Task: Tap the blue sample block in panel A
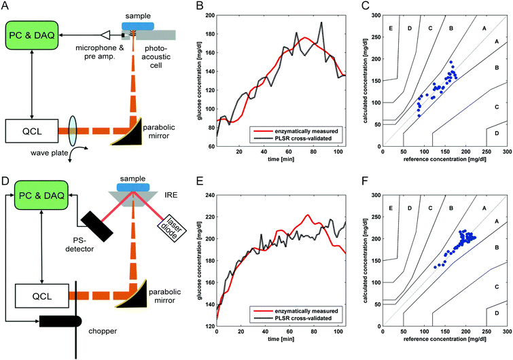tap(138, 25)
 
